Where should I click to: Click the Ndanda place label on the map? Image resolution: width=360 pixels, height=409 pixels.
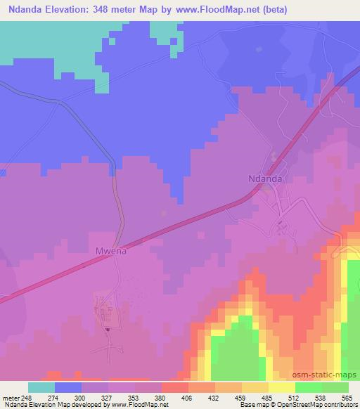pos(266,178)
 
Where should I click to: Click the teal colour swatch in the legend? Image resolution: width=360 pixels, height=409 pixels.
pos(41,387)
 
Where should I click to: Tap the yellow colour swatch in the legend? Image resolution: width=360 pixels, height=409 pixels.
pos(282,387)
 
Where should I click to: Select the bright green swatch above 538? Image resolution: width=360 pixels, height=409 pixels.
pos(309,387)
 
